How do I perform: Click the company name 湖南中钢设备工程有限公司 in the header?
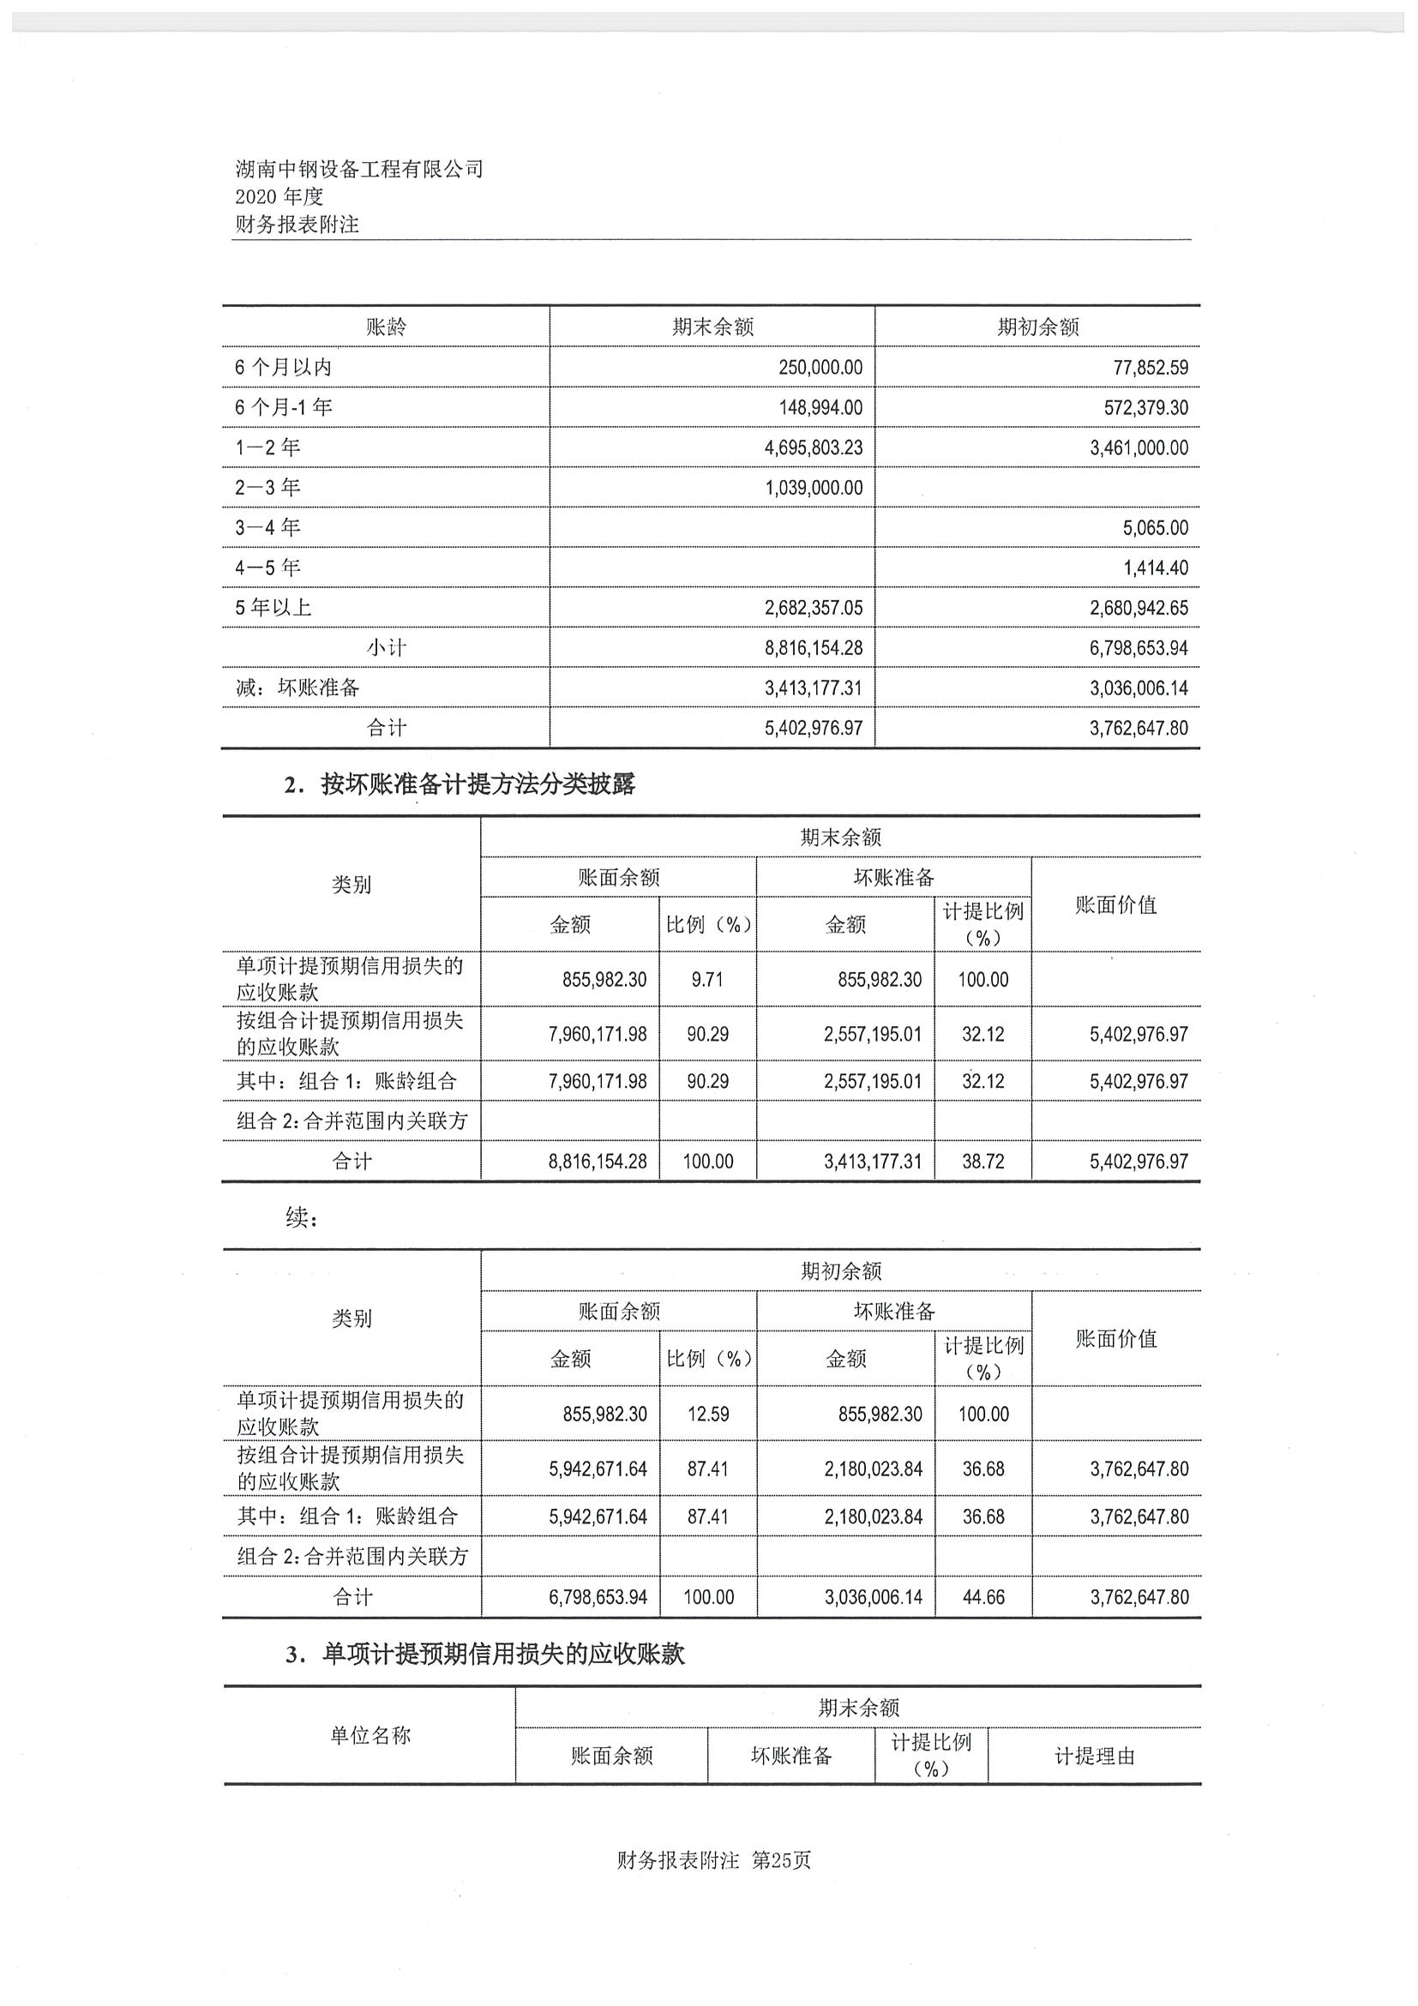tap(359, 169)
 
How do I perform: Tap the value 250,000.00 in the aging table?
tap(820, 368)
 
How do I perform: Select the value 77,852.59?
tap(1150, 368)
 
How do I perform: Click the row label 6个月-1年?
tap(283, 407)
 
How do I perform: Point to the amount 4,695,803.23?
tap(813, 447)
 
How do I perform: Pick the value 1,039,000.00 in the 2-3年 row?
tap(814, 488)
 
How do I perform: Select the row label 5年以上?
tap(273, 607)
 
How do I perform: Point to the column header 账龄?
tap(386, 327)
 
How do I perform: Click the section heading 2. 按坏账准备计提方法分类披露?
tap(460, 784)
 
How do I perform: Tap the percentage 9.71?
tap(706, 979)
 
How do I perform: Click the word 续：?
tap(302, 1218)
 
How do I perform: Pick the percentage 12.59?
tap(707, 1414)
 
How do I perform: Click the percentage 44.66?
tap(984, 1597)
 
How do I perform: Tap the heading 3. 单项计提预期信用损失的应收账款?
tap(485, 1654)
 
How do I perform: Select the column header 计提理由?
tap(1094, 1757)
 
